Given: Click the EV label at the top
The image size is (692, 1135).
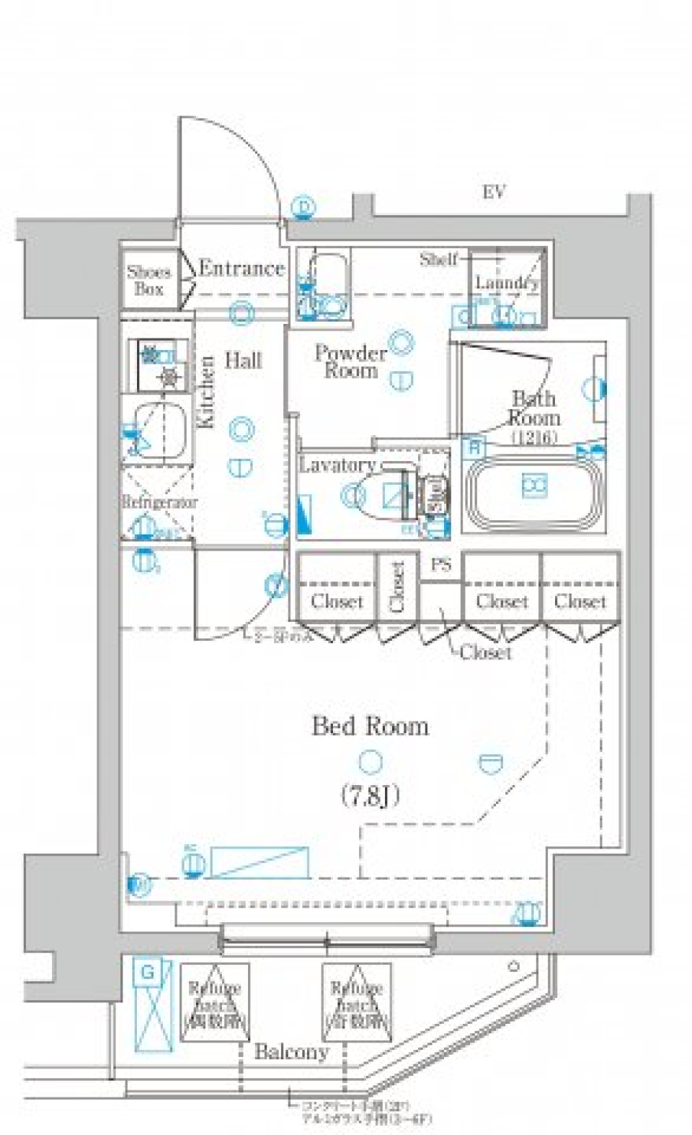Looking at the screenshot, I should tap(494, 192).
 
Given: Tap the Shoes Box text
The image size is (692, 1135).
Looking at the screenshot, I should tap(149, 281).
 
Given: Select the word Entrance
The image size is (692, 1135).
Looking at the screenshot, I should tap(241, 269).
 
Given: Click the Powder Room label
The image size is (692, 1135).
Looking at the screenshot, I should tap(351, 362).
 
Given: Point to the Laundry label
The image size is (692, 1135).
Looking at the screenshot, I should tap(507, 283).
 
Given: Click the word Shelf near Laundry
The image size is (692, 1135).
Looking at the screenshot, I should tap(439, 259).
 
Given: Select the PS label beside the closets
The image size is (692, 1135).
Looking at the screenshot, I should tap(441, 566).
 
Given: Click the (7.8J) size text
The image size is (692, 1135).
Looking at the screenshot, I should tap(370, 797).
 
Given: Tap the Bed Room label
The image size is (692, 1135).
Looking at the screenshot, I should tap(370, 726).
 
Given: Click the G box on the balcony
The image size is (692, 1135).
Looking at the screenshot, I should tap(148, 973).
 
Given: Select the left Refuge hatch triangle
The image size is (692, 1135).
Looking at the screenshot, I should tap(215, 1004).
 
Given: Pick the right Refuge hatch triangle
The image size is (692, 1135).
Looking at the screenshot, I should tap(357, 1004).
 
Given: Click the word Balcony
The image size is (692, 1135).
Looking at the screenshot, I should tap(291, 1052).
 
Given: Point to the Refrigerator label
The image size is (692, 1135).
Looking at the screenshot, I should tap(159, 502).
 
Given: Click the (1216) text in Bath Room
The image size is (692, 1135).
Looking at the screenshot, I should tap(534, 437).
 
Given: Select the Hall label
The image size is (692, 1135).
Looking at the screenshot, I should tap(244, 360).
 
